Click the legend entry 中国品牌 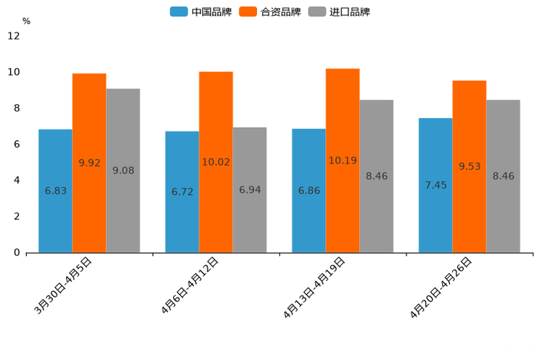point(201,12)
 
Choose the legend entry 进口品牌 point(339,12)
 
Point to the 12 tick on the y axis point(14,36)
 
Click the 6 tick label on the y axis point(17,144)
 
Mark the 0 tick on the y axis point(17,253)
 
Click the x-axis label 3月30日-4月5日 point(63,285)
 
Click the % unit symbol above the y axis point(26,21)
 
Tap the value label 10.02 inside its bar point(216,162)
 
